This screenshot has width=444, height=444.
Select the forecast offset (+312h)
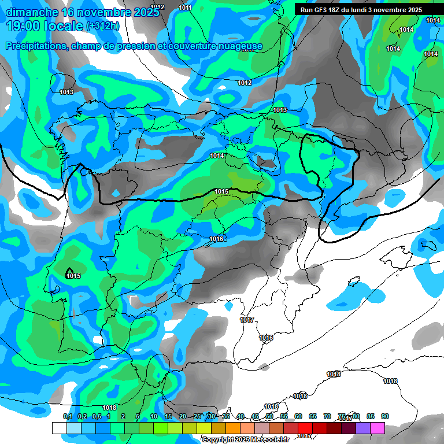pos(102,26)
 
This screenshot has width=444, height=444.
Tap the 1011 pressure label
pos(186,8)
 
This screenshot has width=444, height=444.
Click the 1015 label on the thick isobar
pos(221,191)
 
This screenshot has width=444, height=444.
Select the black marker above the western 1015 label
pos(69,270)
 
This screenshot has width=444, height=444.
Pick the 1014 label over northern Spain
pos(217,156)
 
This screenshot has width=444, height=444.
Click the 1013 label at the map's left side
pos(66,92)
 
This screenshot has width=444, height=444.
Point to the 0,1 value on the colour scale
pos(67,417)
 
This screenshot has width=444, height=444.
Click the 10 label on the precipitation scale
pos(153,417)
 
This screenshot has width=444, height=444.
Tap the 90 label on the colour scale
pos(385,417)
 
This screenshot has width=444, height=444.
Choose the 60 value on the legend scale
pos(298,417)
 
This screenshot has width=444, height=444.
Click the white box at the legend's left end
pos(59,428)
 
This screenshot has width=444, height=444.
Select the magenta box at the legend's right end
pos(378,428)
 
